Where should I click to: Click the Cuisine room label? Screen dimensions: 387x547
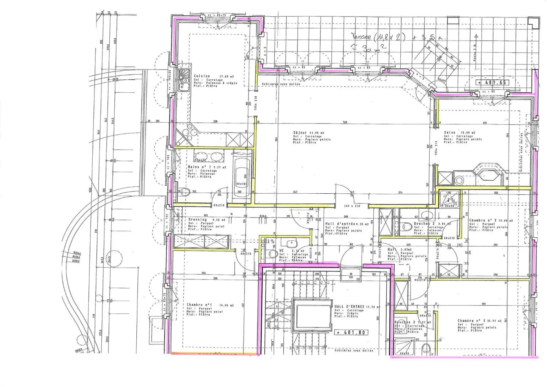(x=202, y=76)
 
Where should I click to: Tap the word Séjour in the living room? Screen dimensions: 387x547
(x=300, y=133)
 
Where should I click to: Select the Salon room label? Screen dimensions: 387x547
(x=450, y=133)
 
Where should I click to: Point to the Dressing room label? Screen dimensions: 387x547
(x=198, y=220)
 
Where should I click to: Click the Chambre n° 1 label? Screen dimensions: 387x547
(x=199, y=305)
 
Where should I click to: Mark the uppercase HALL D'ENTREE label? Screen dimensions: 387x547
(x=349, y=306)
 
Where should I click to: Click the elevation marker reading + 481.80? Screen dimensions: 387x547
(x=351, y=332)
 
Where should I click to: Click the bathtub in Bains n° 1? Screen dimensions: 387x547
(x=242, y=176)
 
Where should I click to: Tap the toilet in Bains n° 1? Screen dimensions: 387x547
(x=184, y=192)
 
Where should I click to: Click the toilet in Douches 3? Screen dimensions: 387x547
(x=426, y=348)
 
